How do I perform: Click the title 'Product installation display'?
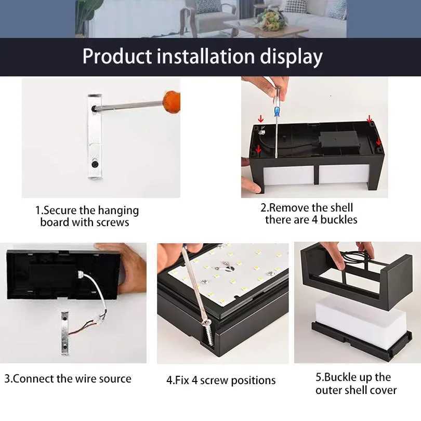(x=202, y=56)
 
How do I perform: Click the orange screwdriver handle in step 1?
(x=171, y=100)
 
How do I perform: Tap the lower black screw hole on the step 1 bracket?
(x=95, y=164)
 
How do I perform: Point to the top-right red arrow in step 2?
(x=370, y=119)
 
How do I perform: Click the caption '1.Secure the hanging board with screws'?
(x=87, y=216)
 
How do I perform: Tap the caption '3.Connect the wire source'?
(x=68, y=378)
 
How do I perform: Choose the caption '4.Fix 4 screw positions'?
(x=221, y=380)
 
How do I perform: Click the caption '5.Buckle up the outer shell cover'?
(x=356, y=384)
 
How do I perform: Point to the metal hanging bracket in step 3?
(x=64, y=333)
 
